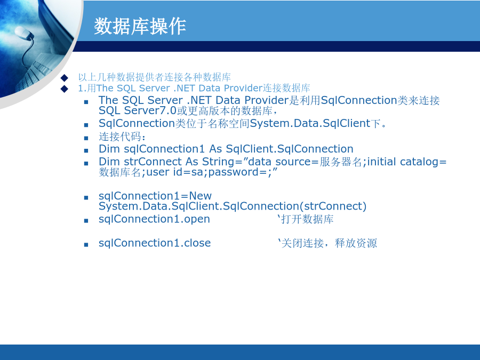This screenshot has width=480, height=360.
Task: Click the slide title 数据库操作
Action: point(140,26)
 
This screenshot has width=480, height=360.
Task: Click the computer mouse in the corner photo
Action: point(23,33)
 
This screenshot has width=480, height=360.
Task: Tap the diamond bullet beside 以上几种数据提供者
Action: point(65,77)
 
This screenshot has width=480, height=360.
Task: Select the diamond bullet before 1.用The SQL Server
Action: point(65,89)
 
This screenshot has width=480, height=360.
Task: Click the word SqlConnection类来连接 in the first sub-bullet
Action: point(380,100)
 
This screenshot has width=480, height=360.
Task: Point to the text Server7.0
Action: point(150,110)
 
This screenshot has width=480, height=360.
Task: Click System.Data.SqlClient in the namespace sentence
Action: point(310,123)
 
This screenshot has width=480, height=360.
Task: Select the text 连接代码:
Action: point(122,137)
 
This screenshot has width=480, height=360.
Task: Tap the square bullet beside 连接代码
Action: point(86,138)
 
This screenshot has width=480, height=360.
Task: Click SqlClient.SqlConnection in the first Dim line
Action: point(290,149)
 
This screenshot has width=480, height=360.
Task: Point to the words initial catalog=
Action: point(407,162)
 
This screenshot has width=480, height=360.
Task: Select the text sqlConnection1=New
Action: point(155,196)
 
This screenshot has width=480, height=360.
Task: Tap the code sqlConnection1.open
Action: point(154,219)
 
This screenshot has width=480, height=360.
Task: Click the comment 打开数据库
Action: point(307,219)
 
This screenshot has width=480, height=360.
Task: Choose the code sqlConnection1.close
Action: point(155,243)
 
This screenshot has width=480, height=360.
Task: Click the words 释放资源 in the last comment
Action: point(356,243)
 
